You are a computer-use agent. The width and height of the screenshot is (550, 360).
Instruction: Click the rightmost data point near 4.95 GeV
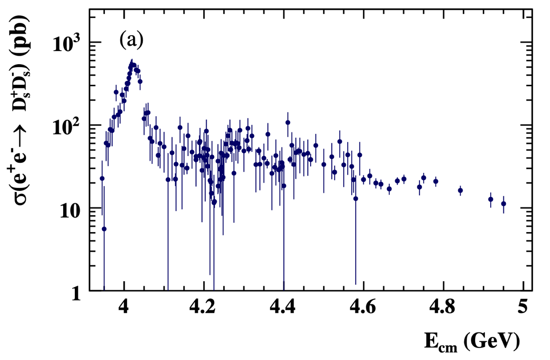pos(503,204)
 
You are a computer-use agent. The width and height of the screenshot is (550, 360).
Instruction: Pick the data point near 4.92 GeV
pos(491,199)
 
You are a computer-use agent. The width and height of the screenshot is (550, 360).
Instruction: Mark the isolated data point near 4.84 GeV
pos(460,191)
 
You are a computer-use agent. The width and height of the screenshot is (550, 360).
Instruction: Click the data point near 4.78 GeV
pos(436,182)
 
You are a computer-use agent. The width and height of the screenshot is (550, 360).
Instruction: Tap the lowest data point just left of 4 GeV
pos(104,229)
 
